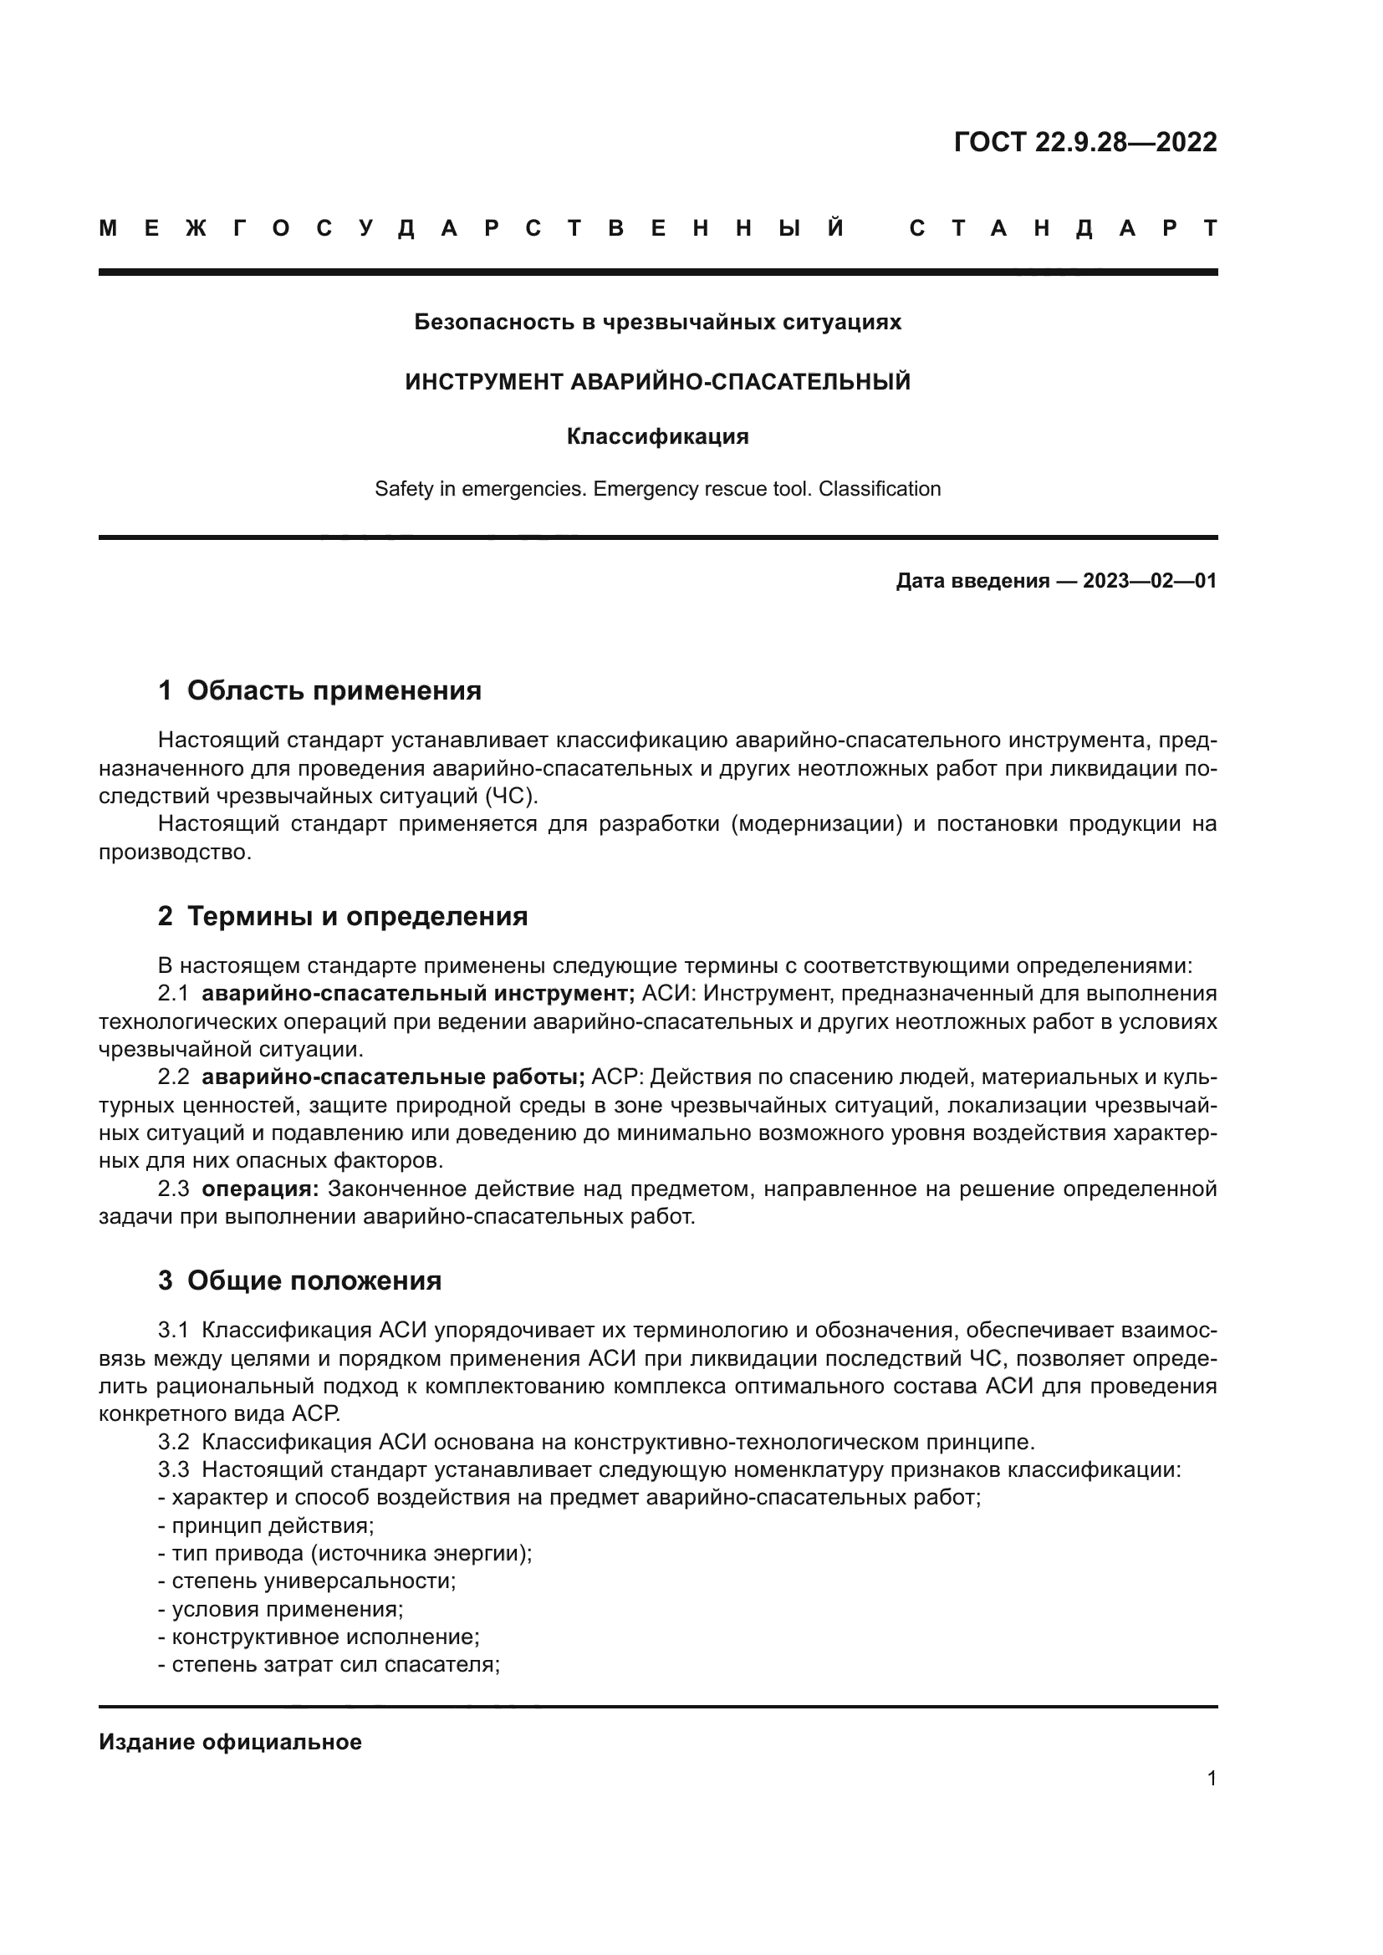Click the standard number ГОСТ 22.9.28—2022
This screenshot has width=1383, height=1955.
pyautogui.click(x=1085, y=141)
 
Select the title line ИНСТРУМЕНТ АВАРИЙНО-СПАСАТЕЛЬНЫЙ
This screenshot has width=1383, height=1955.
pyautogui.click(x=657, y=381)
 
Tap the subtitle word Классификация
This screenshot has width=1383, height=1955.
pyautogui.click(x=657, y=437)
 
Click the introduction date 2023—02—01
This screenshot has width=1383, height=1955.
pyautogui.click(x=1150, y=582)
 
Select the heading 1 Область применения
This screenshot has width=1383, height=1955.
pyautogui.click(x=319, y=690)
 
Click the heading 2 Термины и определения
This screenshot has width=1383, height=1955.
pyautogui.click(x=342, y=916)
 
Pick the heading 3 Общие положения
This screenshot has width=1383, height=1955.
pyautogui.click(x=300, y=1280)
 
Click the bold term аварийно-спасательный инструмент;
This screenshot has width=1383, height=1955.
pyautogui.click(x=418, y=994)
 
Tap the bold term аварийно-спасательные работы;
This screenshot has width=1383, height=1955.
pyautogui.click(x=393, y=1077)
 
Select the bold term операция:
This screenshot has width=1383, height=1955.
pyautogui.click(x=260, y=1189)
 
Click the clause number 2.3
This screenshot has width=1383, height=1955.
pyautogui.click(x=173, y=1189)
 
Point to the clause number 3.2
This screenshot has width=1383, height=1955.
pyautogui.click(x=173, y=1442)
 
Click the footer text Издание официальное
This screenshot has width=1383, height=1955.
pyautogui.click(x=230, y=1742)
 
